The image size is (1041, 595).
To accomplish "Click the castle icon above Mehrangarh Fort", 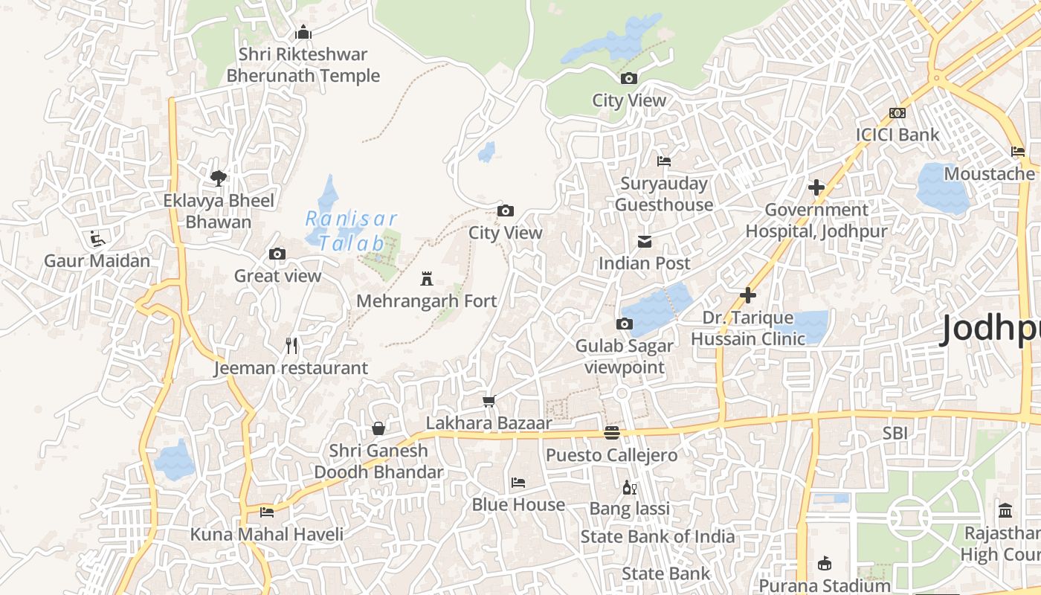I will click(427, 279).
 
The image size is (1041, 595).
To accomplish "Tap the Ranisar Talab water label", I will click(352, 231).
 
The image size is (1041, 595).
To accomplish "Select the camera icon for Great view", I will click(277, 254).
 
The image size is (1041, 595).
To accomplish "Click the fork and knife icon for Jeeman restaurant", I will click(291, 346).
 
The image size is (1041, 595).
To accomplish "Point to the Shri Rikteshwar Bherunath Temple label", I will click(303, 65).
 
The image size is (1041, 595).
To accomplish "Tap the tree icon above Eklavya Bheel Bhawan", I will click(218, 178).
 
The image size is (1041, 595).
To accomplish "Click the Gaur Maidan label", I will click(97, 261).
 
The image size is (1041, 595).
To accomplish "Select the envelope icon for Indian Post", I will click(645, 242).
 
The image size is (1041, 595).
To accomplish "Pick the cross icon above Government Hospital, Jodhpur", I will click(816, 187).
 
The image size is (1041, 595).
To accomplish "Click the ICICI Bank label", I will click(897, 135).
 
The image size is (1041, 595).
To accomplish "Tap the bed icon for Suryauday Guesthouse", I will click(664, 161).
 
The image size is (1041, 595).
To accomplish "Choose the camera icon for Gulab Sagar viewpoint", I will click(625, 324).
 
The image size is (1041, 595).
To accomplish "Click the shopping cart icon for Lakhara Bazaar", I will click(489, 402).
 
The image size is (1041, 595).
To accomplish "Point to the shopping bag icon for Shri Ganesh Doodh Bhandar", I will click(378, 428).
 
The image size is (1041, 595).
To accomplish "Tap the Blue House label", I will click(518, 504).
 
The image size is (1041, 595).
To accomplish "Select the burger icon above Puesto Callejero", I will click(612, 432).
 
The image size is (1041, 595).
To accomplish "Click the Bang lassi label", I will click(630, 509).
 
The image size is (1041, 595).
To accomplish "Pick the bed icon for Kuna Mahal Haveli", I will click(267, 512).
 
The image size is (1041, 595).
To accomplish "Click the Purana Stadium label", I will click(824, 585).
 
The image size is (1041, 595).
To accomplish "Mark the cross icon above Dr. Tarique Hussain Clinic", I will click(748, 295).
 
